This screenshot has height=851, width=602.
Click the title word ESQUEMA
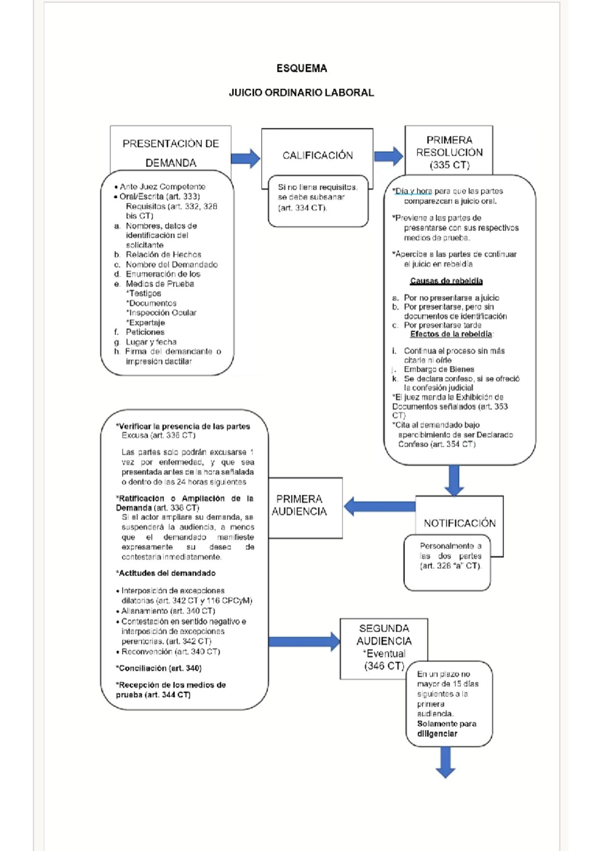(x=302, y=68)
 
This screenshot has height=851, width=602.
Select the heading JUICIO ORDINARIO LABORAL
(x=301, y=93)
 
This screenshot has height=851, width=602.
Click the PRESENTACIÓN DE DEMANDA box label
(x=171, y=153)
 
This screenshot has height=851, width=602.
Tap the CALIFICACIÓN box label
(x=317, y=156)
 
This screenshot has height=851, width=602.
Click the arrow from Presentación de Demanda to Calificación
(x=245, y=159)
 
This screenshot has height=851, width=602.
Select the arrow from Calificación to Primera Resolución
(x=388, y=156)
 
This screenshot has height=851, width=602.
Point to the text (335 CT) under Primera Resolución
(x=449, y=165)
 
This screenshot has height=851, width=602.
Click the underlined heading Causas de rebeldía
(x=446, y=281)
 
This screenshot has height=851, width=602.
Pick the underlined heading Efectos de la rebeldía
(x=451, y=334)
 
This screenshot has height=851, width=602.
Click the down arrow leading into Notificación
(x=454, y=480)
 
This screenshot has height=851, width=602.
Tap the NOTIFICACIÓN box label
(x=460, y=523)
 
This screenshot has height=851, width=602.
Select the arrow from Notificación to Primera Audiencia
(x=379, y=506)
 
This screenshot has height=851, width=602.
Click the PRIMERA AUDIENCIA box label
(x=299, y=505)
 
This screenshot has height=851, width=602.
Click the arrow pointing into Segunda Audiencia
(x=304, y=641)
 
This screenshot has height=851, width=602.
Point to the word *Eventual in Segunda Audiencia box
(x=384, y=654)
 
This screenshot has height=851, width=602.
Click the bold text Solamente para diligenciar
(x=446, y=729)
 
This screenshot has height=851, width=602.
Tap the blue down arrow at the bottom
(x=445, y=762)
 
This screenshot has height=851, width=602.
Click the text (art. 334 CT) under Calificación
(x=302, y=208)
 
